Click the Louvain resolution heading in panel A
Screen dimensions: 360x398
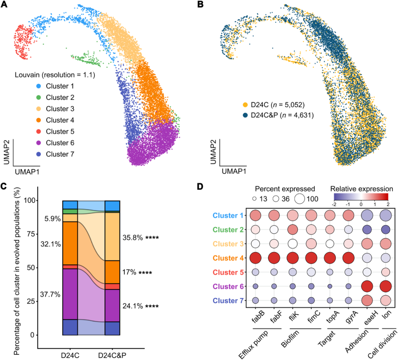pyautogui.click(x=55, y=76)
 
